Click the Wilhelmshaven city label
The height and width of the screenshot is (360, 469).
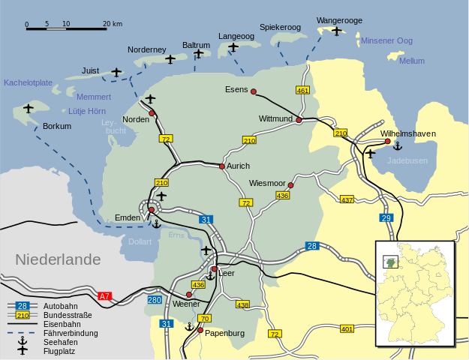[x=407, y=133]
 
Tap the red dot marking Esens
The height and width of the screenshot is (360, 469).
[x=254, y=91]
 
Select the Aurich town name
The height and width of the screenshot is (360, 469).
[x=238, y=166]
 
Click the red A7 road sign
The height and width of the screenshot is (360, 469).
[x=104, y=296]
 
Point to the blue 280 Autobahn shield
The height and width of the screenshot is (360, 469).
[x=154, y=300]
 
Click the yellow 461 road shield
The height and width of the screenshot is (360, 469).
[x=303, y=90]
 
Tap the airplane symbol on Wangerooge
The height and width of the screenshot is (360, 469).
[x=336, y=31]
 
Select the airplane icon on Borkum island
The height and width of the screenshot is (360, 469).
[x=29, y=109]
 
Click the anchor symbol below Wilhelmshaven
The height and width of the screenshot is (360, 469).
[x=398, y=145]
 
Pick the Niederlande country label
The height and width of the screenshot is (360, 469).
[x=58, y=259]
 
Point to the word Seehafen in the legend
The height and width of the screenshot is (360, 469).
[x=61, y=341]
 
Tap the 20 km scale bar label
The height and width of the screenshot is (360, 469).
[x=113, y=24]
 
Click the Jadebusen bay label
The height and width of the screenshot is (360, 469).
[x=407, y=160]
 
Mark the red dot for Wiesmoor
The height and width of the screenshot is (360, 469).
[x=290, y=185]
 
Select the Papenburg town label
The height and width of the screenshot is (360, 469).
[x=226, y=333]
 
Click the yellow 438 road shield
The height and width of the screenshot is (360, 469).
[x=242, y=304]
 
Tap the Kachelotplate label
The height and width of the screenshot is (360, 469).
[x=28, y=82]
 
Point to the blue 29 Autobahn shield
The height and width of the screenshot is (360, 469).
[x=386, y=217]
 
